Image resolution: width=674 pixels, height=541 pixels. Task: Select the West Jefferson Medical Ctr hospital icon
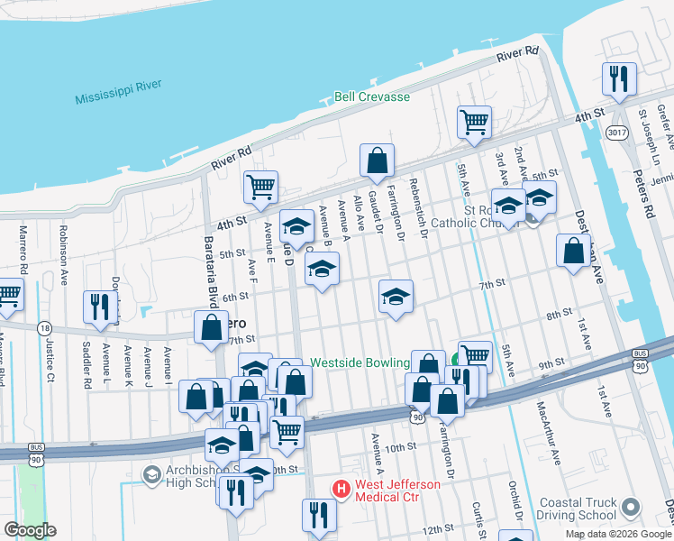coord(342,490)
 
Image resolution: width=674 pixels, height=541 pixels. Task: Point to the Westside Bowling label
coord(359,363)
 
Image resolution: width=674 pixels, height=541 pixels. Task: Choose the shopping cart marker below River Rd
coord(474,122)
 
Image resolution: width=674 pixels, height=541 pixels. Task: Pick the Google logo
coord(29,530)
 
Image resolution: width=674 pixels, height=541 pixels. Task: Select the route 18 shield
coord(43,329)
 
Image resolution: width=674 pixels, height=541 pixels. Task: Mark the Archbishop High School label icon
coord(150,473)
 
